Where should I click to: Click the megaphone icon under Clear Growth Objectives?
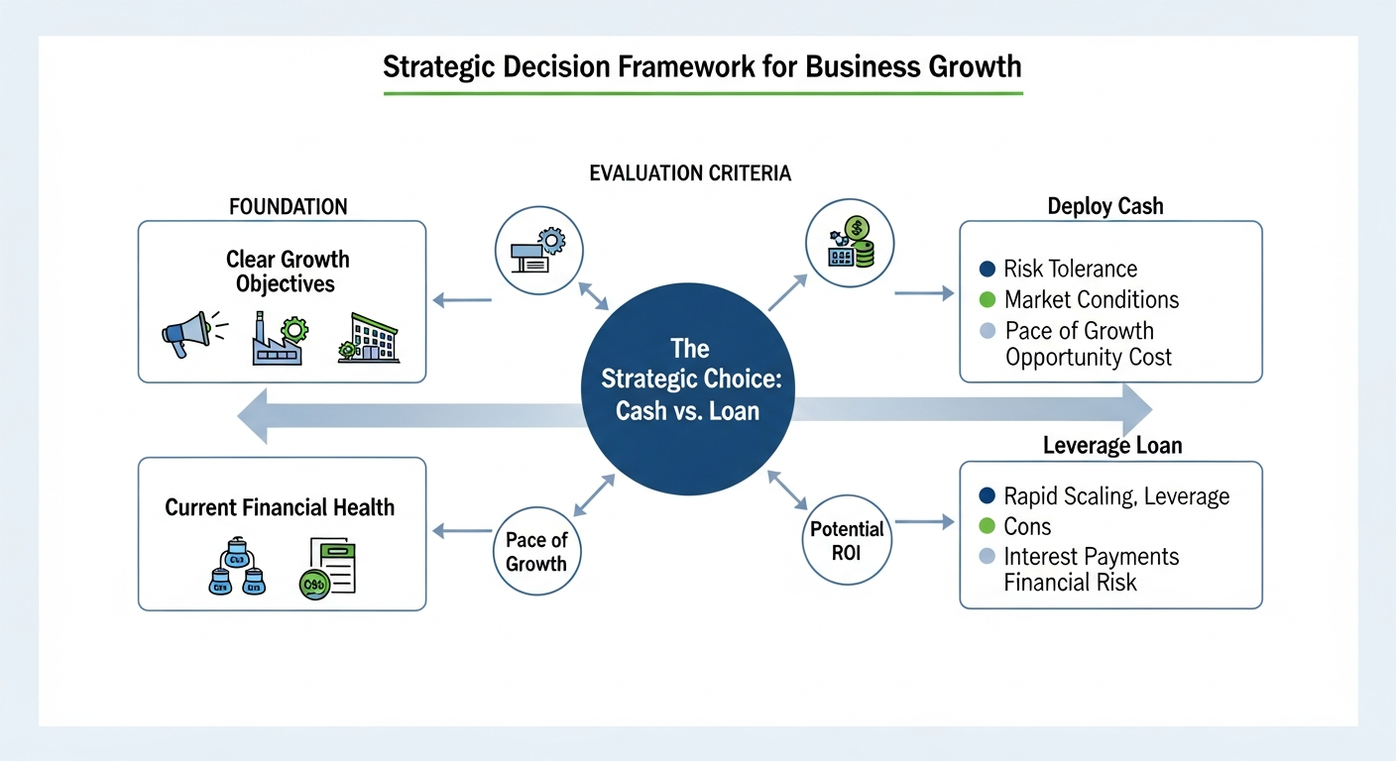(185, 334)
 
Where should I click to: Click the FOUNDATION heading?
(289, 207)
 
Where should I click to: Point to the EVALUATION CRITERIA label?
(690, 173)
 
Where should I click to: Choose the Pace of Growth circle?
(536, 552)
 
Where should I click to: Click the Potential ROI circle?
(847, 540)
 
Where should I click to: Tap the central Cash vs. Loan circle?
(688, 380)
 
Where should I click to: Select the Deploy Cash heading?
(1105, 206)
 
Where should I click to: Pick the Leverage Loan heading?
(1112, 446)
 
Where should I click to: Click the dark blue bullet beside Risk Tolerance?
(986, 269)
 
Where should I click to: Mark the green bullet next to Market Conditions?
(986, 299)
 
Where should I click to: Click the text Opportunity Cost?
(1088, 358)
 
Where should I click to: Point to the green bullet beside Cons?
(986, 526)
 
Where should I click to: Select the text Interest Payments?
(1092, 556)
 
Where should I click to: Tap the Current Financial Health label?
(280, 507)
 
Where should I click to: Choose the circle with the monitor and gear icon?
(538, 250)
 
